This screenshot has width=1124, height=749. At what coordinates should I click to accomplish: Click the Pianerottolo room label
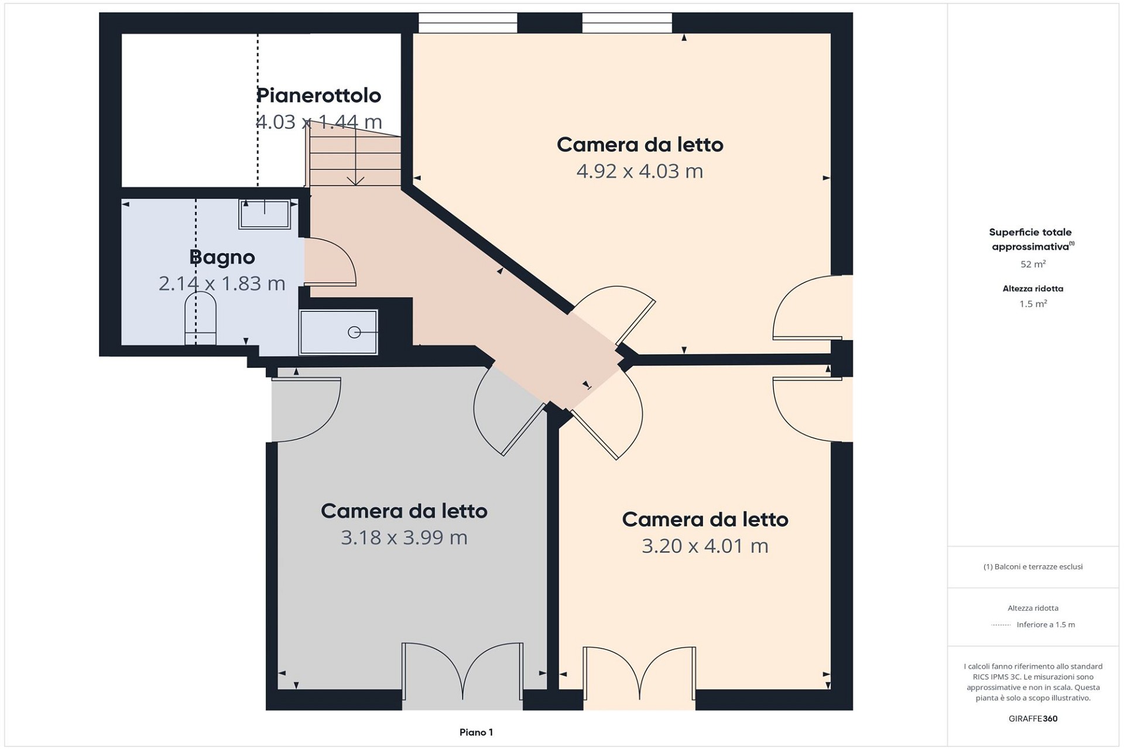click(x=319, y=95)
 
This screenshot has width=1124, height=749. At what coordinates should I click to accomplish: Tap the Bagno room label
click(x=222, y=257)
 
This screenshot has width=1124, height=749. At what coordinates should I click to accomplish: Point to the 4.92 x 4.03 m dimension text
click(x=640, y=171)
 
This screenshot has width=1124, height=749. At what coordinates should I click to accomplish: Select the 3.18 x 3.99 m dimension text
click(x=404, y=538)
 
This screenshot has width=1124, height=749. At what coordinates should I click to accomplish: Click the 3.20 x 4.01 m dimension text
click(x=705, y=546)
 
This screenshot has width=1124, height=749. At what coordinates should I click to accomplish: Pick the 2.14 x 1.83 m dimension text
click(x=222, y=283)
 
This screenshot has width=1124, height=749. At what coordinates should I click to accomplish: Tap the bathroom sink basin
click(x=265, y=214)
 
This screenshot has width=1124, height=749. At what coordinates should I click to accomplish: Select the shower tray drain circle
click(x=354, y=332)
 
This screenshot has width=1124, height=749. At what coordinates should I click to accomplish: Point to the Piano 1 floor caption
click(x=476, y=732)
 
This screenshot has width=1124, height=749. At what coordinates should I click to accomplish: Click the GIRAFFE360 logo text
click(x=1033, y=719)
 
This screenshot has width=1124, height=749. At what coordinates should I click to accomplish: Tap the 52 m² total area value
click(x=1033, y=264)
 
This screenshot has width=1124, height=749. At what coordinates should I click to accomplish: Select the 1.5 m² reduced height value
click(x=1033, y=304)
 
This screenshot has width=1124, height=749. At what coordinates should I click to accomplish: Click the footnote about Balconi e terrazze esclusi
click(x=1033, y=566)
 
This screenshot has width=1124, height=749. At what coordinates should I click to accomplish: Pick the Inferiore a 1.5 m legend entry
click(x=1046, y=625)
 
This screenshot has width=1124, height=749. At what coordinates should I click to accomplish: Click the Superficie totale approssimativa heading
click(x=1032, y=239)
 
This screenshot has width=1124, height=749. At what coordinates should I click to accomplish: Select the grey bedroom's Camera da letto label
click(x=404, y=511)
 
